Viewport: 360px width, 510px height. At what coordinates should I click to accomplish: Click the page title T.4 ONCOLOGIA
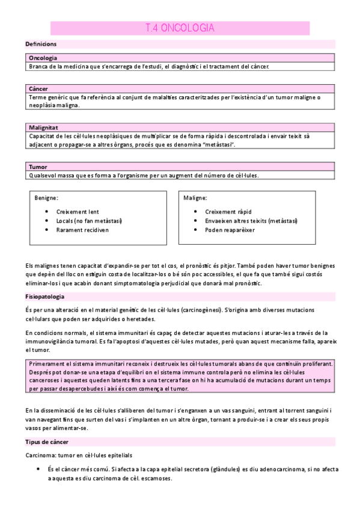[x=180, y=28]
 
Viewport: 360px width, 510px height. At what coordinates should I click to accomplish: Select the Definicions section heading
[x=41, y=45]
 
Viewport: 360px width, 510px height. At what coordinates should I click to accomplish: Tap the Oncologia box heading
[x=43, y=58]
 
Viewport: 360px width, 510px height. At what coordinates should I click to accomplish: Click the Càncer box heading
[x=38, y=88]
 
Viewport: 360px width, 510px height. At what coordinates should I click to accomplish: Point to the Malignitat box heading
[x=44, y=127]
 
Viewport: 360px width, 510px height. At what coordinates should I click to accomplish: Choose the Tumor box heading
[x=38, y=167]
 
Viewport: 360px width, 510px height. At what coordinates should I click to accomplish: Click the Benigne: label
[x=47, y=197]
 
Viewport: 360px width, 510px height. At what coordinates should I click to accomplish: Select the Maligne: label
[x=196, y=197]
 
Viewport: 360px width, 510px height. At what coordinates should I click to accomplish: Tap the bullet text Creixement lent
[x=77, y=212]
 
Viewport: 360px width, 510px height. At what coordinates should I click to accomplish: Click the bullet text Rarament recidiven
[x=82, y=230]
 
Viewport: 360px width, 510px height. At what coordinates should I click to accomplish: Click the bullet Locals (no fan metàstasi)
[x=89, y=221]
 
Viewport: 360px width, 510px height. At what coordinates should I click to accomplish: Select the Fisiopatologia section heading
[x=45, y=297]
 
